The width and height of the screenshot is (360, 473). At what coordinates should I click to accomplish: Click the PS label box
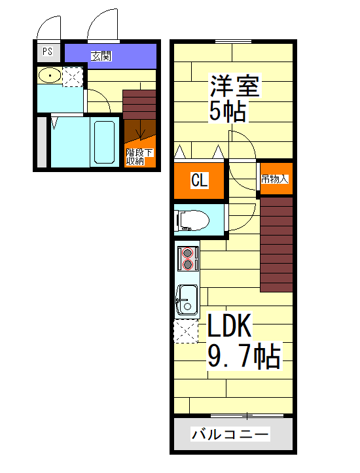click(x=47, y=52)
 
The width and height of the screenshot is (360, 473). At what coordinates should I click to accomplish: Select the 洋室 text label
click(x=235, y=87)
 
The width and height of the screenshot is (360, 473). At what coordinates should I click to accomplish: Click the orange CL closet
click(x=200, y=181)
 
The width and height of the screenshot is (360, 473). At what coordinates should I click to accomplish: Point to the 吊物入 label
click(x=275, y=179)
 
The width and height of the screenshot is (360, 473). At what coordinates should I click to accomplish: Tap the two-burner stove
click(x=189, y=259)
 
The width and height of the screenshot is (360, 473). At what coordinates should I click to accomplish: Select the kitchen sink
click(x=187, y=301)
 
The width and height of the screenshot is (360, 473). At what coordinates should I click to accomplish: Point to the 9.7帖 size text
click(x=244, y=357)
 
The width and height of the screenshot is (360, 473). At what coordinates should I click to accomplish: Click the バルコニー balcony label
click(x=230, y=434)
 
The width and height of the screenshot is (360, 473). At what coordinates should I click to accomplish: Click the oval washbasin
click(x=49, y=77)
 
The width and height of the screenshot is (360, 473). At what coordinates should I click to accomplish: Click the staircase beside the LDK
click(x=276, y=243)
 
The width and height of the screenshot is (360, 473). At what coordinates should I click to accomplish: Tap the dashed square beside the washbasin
click(x=72, y=77)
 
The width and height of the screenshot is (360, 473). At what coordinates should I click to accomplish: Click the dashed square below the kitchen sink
click(x=186, y=331)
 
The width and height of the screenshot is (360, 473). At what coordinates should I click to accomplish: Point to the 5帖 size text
click(x=228, y=112)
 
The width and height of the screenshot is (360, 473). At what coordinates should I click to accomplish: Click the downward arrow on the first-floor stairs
click(x=139, y=133)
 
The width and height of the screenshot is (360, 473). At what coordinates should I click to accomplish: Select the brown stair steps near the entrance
click(x=139, y=104)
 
